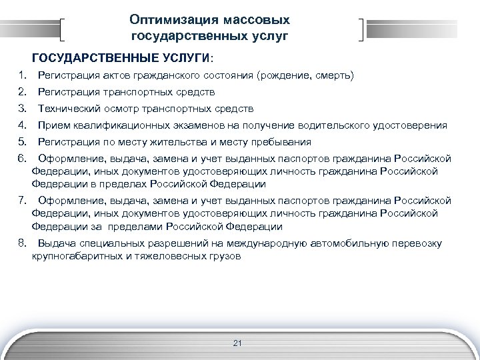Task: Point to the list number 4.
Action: (x=23, y=125)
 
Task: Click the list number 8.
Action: (x=23, y=243)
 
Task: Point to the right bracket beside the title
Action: (x=362, y=30)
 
